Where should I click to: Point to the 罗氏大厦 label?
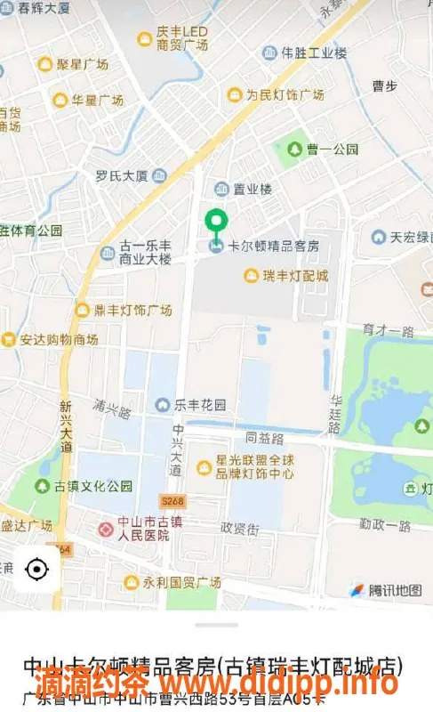[122, 176]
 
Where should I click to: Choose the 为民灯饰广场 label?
[285, 95]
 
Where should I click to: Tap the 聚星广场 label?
[83, 64]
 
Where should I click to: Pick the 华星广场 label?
[98, 101]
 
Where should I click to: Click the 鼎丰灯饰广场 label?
[133, 311]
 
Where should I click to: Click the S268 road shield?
[172, 501]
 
